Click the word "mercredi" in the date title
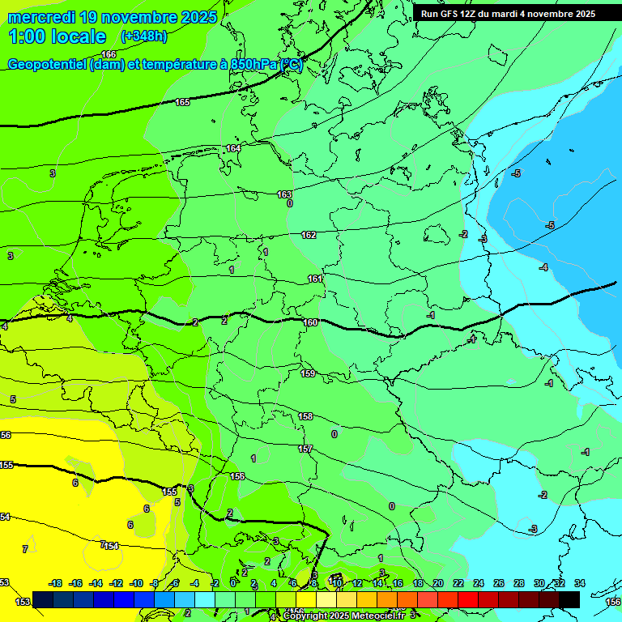click(x=39, y=17)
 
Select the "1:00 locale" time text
click(x=58, y=36)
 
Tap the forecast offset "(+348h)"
click(x=143, y=36)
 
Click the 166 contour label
click(x=109, y=54)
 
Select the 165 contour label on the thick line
click(x=182, y=102)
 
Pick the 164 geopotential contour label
click(x=233, y=148)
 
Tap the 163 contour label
click(x=284, y=194)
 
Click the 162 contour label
click(x=309, y=235)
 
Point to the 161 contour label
click(x=315, y=279)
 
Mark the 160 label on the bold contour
click(x=310, y=322)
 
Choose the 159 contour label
click(x=308, y=373)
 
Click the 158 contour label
click(x=305, y=416)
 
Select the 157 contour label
click(x=305, y=449)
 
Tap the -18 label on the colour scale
click(x=56, y=583)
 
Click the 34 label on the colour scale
click(x=579, y=583)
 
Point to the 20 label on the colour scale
click(x=437, y=583)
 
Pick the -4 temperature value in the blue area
click(x=543, y=267)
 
